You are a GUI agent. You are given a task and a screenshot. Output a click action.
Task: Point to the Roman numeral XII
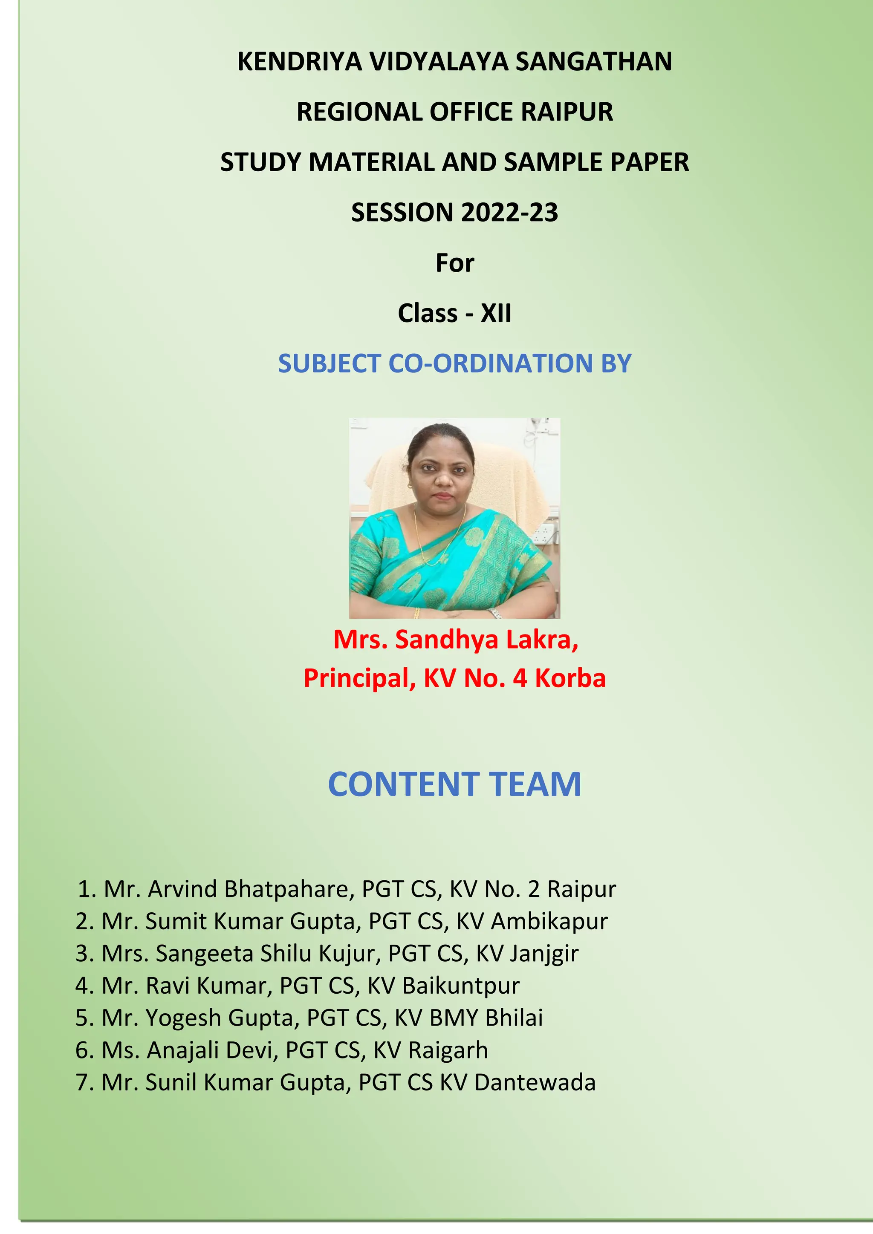pos(496,313)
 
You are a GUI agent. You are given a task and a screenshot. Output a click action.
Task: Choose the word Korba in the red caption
pos(570,678)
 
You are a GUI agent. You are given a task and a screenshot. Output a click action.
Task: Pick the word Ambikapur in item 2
pos(549,922)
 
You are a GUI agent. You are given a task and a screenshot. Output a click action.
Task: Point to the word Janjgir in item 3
pos(544,954)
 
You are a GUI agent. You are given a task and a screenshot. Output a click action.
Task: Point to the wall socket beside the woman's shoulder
pos(544,533)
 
